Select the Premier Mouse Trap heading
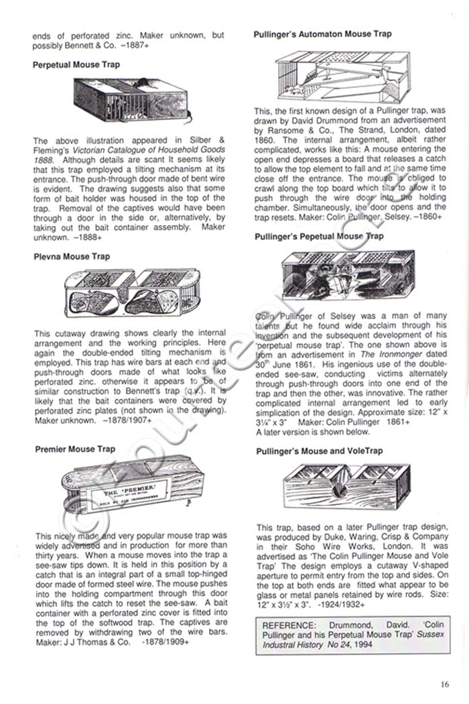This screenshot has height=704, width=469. [75, 449]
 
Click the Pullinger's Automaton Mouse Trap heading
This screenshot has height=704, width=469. [323, 34]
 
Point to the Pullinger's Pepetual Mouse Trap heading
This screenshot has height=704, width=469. [320, 236]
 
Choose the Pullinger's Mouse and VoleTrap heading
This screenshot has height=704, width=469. [320, 451]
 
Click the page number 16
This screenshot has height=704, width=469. [446, 684]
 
